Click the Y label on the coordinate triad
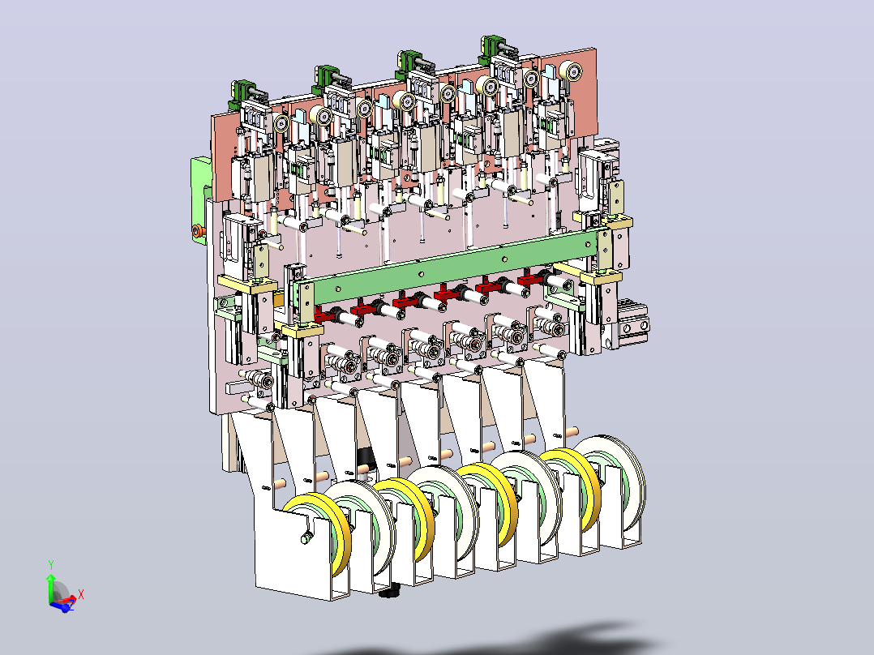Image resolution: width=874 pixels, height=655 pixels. pyautogui.click(x=51, y=565)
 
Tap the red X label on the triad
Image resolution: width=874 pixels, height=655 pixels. pyautogui.click(x=81, y=594)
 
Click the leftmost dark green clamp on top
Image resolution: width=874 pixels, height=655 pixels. pyautogui.click(x=242, y=94)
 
